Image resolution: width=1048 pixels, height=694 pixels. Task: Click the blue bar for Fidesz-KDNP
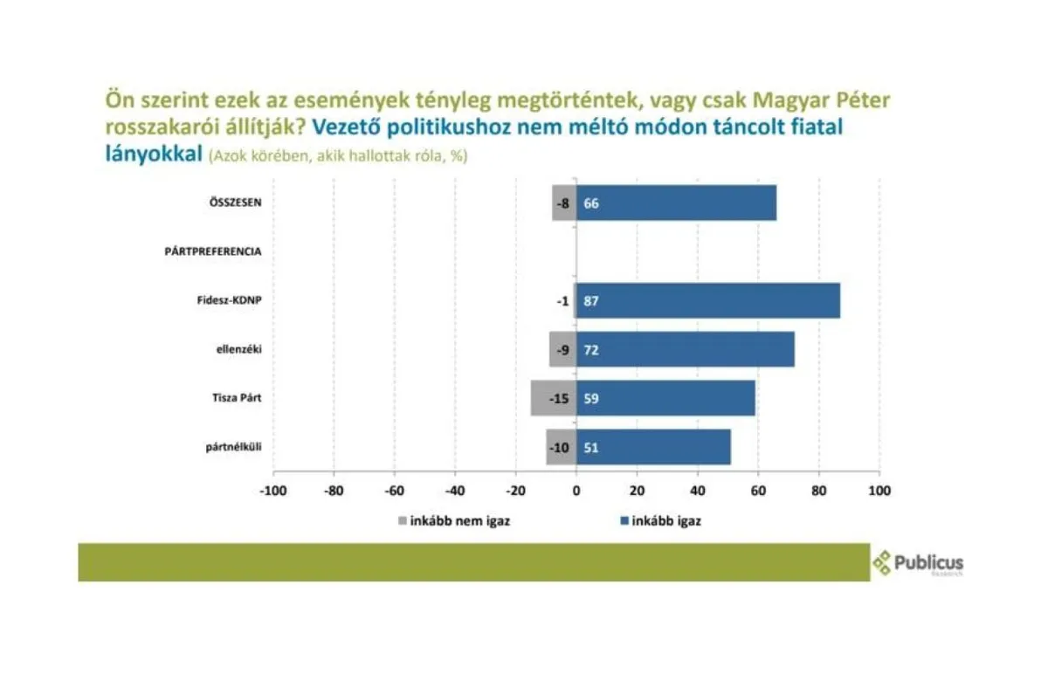707,301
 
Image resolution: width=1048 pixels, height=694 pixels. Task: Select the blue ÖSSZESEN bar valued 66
676,203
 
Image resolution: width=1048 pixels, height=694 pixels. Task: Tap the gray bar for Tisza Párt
553,399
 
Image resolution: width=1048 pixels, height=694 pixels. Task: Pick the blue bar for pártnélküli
653,448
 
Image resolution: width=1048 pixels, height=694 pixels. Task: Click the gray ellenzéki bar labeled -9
562,350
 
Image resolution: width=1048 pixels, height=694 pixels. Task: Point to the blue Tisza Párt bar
665,399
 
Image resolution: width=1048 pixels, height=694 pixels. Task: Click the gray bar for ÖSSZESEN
564,203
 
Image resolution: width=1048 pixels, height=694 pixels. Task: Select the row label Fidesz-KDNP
230,300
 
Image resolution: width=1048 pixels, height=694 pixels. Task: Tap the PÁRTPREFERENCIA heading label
213,251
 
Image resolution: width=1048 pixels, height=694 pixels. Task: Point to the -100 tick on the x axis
273,491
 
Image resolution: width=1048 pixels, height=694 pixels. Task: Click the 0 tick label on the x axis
576,491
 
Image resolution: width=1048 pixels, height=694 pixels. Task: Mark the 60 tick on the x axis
758,491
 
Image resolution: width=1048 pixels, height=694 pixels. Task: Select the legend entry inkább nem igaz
445,522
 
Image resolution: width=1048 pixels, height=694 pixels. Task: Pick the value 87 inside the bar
591,301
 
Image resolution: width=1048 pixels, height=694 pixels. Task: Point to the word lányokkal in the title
153,155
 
